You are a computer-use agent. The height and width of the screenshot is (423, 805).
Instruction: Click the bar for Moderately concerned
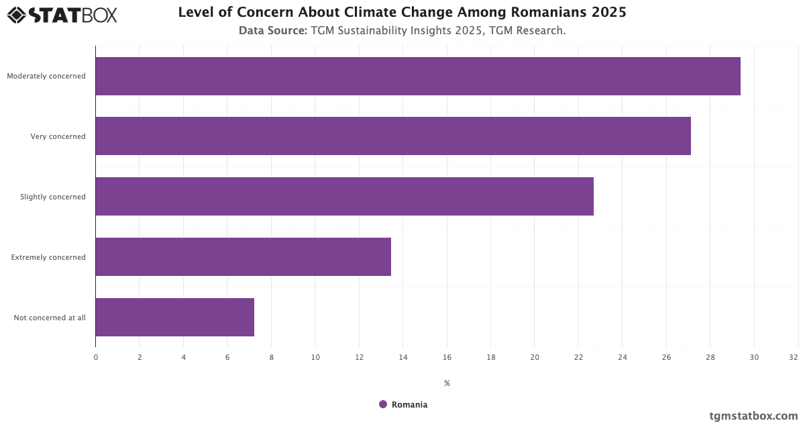tap(417, 76)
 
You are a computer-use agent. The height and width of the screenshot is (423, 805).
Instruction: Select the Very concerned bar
tap(392, 136)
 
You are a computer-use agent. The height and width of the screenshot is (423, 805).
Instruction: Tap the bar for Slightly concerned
tap(344, 197)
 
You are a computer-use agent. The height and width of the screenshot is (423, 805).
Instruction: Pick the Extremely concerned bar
tap(243, 257)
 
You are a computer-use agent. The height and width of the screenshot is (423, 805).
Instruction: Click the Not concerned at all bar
tap(174, 318)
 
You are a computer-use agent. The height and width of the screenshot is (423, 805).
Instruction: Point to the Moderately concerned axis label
tap(46, 76)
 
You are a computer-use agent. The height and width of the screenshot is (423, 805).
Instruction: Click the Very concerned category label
tap(58, 136)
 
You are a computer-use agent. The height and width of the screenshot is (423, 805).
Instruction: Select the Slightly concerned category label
tap(53, 197)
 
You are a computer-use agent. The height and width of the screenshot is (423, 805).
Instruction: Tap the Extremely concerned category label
tap(48, 257)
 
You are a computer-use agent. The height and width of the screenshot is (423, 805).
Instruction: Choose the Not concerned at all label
tap(50, 318)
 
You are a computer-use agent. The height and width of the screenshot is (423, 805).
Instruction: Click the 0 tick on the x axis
tap(96, 357)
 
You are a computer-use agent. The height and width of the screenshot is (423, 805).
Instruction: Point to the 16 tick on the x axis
tap(447, 357)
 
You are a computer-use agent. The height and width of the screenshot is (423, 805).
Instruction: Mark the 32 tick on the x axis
tap(794, 357)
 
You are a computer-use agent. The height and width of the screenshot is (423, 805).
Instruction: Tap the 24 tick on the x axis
tap(623, 357)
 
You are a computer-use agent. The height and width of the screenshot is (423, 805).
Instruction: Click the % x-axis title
tap(447, 383)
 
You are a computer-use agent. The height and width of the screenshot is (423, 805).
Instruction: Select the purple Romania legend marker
tap(383, 404)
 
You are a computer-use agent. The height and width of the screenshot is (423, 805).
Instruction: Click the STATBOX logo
tap(62, 15)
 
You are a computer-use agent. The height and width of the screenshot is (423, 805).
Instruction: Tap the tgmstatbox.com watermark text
tap(753, 416)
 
